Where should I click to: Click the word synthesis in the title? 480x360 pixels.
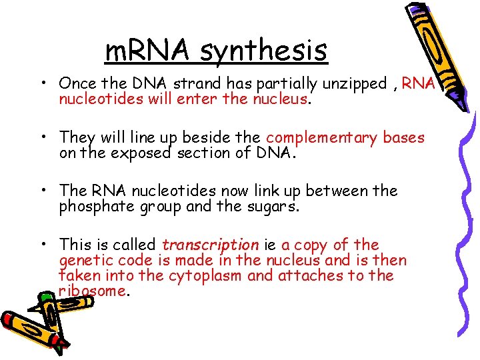(x=264, y=50)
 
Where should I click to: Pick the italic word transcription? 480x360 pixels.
(x=210, y=245)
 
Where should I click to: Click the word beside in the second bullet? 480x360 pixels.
(x=207, y=137)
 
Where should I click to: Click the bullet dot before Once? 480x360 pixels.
(x=42, y=84)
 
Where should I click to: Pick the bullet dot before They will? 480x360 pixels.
(x=42, y=138)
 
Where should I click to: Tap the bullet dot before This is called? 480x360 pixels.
(x=42, y=245)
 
